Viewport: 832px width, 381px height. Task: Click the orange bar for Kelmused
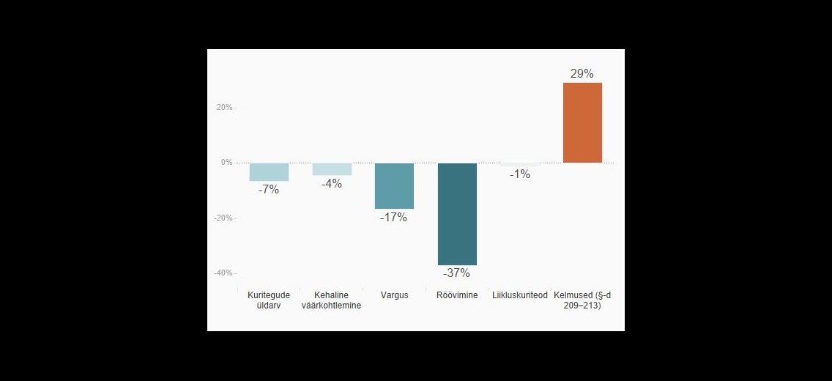pyautogui.click(x=582, y=122)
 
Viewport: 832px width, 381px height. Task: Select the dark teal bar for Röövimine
pyautogui.click(x=457, y=214)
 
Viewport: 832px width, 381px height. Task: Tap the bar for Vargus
pyautogui.click(x=394, y=185)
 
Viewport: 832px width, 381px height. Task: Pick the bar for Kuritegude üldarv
pyautogui.click(x=269, y=172)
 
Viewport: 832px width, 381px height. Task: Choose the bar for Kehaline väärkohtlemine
pyautogui.click(x=332, y=169)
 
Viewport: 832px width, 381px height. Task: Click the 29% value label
pyautogui.click(x=582, y=74)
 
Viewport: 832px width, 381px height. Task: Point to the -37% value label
pyautogui.click(x=456, y=273)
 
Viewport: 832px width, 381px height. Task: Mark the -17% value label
pyautogui.click(x=394, y=218)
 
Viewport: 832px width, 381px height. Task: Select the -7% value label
pyautogui.click(x=269, y=190)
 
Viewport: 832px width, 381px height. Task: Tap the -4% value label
pyautogui.click(x=332, y=184)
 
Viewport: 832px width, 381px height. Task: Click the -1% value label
pyautogui.click(x=519, y=174)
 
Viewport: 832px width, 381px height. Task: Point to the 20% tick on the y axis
pyautogui.click(x=224, y=107)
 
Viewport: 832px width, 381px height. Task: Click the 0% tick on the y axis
pyautogui.click(x=226, y=163)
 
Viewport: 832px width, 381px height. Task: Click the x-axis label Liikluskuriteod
pyautogui.click(x=519, y=295)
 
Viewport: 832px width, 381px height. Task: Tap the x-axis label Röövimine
pyautogui.click(x=457, y=295)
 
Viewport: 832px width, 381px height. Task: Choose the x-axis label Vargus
pyautogui.click(x=394, y=295)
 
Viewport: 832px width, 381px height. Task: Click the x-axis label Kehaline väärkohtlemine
pyautogui.click(x=332, y=300)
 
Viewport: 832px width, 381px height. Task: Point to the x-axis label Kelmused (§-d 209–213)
pyautogui.click(x=582, y=300)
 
